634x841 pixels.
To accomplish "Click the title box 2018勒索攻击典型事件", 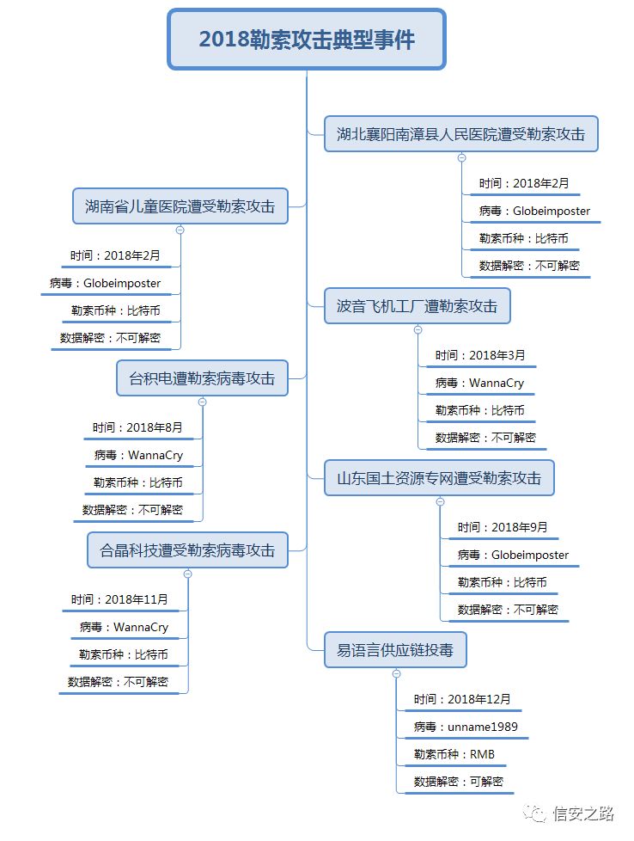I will (x=307, y=40).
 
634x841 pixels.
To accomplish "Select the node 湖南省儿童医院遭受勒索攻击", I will (x=180, y=206).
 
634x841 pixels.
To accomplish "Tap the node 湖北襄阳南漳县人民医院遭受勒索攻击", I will (x=461, y=134).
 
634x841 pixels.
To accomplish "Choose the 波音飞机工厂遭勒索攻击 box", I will (x=418, y=306).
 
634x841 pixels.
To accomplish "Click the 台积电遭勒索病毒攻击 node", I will (x=202, y=378).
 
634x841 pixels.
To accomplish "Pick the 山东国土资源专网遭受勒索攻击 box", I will (x=439, y=478).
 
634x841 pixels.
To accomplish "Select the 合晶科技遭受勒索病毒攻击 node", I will (x=187, y=550).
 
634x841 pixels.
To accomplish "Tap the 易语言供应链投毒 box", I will (x=395, y=650).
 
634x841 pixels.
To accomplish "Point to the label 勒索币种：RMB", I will (x=454, y=755).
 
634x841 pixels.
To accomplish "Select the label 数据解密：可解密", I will (x=459, y=783).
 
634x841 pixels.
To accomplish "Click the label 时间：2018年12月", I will (x=462, y=700).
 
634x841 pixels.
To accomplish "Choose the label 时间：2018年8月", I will (x=138, y=427).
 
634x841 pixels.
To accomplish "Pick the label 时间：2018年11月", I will (x=120, y=599).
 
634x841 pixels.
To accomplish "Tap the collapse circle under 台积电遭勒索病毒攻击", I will (x=203, y=402).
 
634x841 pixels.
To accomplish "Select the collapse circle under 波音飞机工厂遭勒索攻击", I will (x=418, y=329).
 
